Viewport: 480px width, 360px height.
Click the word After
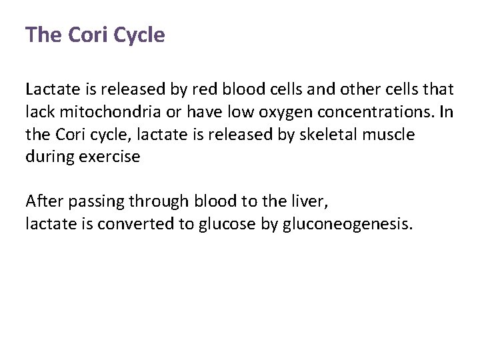(x=41, y=202)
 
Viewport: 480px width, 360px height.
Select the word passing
(x=87, y=202)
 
